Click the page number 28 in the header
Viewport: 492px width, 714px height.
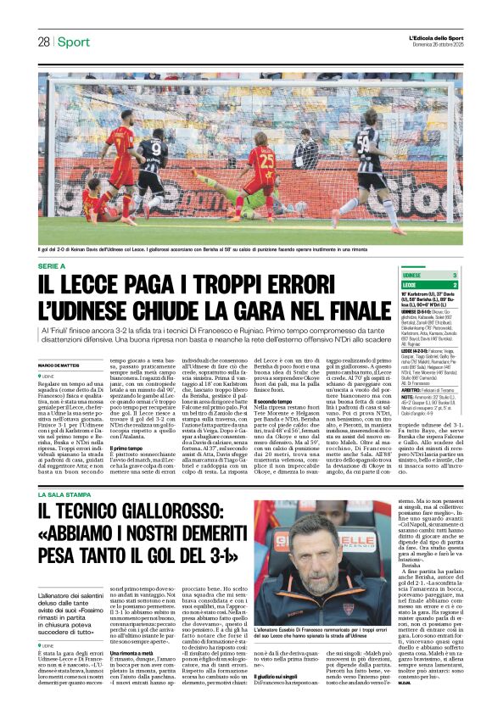(x=42, y=42)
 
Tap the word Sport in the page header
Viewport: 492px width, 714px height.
(x=74, y=42)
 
